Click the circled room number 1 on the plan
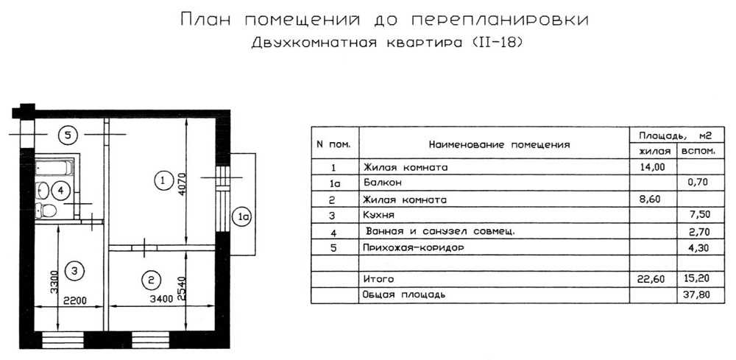pyautogui.click(x=163, y=180)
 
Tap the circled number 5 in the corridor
pyautogui.click(x=68, y=135)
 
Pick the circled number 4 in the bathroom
pyautogui.click(x=60, y=191)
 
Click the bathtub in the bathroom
pyautogui.click(x=54, y=168)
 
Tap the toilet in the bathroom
pyautogui.click(x=46, y=210)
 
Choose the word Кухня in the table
pyautogui.click(x=378, y=215)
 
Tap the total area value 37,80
pyautogui.click(x=697, y=295)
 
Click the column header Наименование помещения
pyautogui.click(x=499, y=144)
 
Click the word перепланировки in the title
pyautogui.click(x=500, y=20)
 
